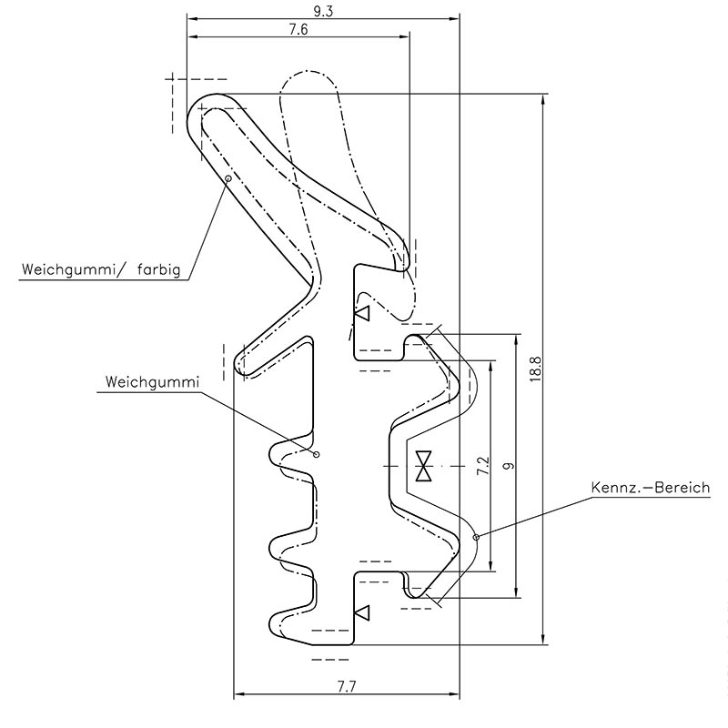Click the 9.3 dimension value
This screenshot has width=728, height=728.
[323, 11]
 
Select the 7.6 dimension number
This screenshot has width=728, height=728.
[298, 29]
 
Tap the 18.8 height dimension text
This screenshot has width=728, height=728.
[535, 369]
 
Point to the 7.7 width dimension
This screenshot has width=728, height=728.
[347, 686]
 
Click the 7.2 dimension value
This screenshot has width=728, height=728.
[483, 466]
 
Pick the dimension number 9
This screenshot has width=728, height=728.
[510, 466]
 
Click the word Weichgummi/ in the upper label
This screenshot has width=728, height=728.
[74, 269]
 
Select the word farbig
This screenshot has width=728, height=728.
[158, 269]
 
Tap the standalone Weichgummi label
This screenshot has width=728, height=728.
[152, 382]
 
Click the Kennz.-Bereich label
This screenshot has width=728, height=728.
[651, 488]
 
